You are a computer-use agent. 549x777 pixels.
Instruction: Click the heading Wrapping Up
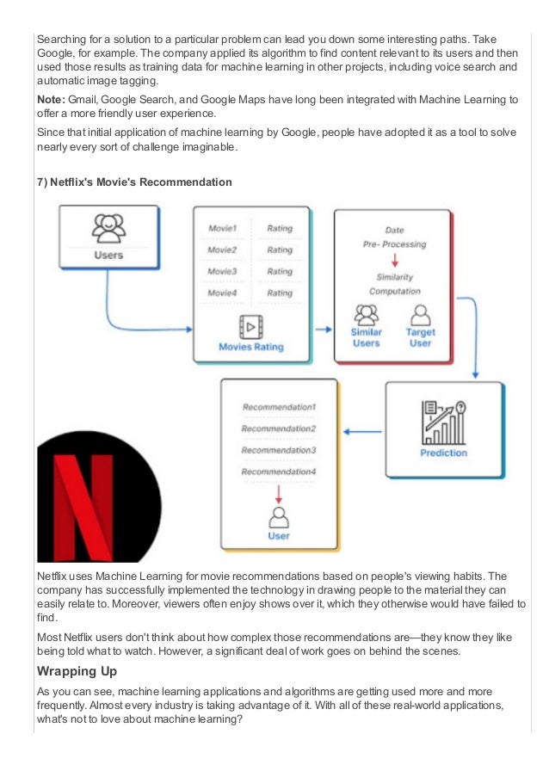tap(78, 670)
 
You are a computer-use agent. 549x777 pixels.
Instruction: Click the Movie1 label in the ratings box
tap(222, 229)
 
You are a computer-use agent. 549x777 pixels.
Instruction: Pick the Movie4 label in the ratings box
tap(222, 293)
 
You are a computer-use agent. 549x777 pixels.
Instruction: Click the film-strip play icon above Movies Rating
tap(251, 327)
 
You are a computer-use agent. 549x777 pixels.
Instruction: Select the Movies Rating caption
tap(251, 348)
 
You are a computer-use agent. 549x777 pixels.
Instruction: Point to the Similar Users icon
tap(367, 313)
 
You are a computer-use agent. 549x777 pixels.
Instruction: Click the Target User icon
tap(421, 313)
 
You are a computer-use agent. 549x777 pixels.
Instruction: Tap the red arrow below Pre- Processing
tap(394, 260)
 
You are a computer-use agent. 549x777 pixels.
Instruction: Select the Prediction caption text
tap(444, 453)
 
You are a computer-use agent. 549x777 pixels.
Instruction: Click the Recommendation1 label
tap(279, 406)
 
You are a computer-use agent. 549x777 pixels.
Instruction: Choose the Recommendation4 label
tap(279, 472)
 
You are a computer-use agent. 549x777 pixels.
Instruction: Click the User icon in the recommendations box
tap(279, 518)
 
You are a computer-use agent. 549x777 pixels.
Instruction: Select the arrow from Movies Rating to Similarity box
tap(323, 329)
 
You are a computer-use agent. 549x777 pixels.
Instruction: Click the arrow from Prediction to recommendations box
tap(367, 432)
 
